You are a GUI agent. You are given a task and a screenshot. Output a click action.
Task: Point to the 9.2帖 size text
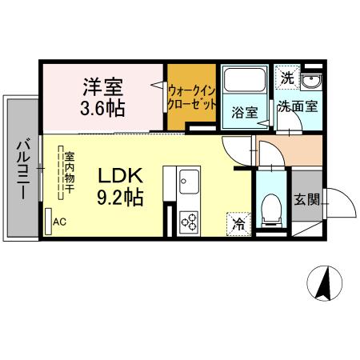click(x=119, y=196)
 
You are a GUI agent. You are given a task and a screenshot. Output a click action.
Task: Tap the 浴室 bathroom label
click(x=246, y=113)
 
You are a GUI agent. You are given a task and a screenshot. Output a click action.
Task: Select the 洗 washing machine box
click(x=287, y=77)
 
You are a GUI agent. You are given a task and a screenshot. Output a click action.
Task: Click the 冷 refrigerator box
click(x=238, y=223)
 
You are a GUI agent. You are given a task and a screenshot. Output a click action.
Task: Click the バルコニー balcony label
click(x=22, y=170)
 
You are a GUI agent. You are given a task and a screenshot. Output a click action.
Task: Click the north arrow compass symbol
click(x=326, y=283)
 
